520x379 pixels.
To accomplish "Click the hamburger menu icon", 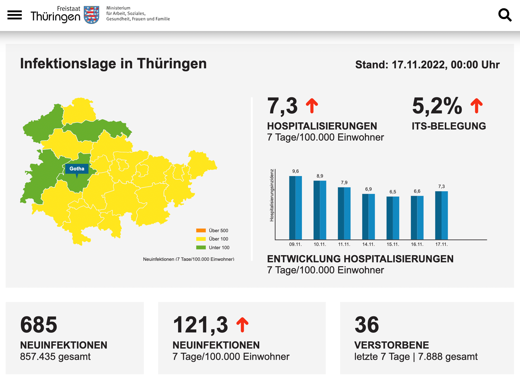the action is [15, 15].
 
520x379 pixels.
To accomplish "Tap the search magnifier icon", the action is [505, 15].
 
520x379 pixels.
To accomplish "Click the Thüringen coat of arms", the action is [92, 15].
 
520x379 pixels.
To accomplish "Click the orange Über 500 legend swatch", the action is [201, 230].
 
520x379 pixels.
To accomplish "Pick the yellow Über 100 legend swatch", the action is [201, 239].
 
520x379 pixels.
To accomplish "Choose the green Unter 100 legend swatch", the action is [201, 247].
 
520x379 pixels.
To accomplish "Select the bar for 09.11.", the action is [295, 208].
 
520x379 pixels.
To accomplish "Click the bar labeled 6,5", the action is [393, 218].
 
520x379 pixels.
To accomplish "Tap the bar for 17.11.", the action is [442, 215].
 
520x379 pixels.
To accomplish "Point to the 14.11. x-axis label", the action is [368, 244].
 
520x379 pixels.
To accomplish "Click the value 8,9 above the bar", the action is [320, 176].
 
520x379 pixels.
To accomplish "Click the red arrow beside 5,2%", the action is [476, 106].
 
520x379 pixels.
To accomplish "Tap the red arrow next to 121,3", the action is [242, 325].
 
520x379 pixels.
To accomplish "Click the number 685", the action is [39, 325].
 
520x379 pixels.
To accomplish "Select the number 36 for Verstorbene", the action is [367, 325].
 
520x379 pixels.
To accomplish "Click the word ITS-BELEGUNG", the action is [449, 126].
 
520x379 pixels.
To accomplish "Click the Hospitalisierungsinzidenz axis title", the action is [271, 195].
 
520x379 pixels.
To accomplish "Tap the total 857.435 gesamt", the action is [55, 357].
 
